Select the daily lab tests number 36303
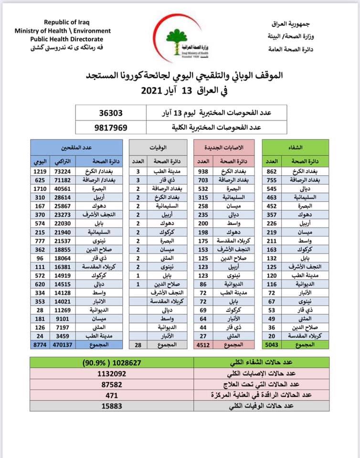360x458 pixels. [x=111, y=114]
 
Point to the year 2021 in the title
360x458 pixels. [x=153, y=91]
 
